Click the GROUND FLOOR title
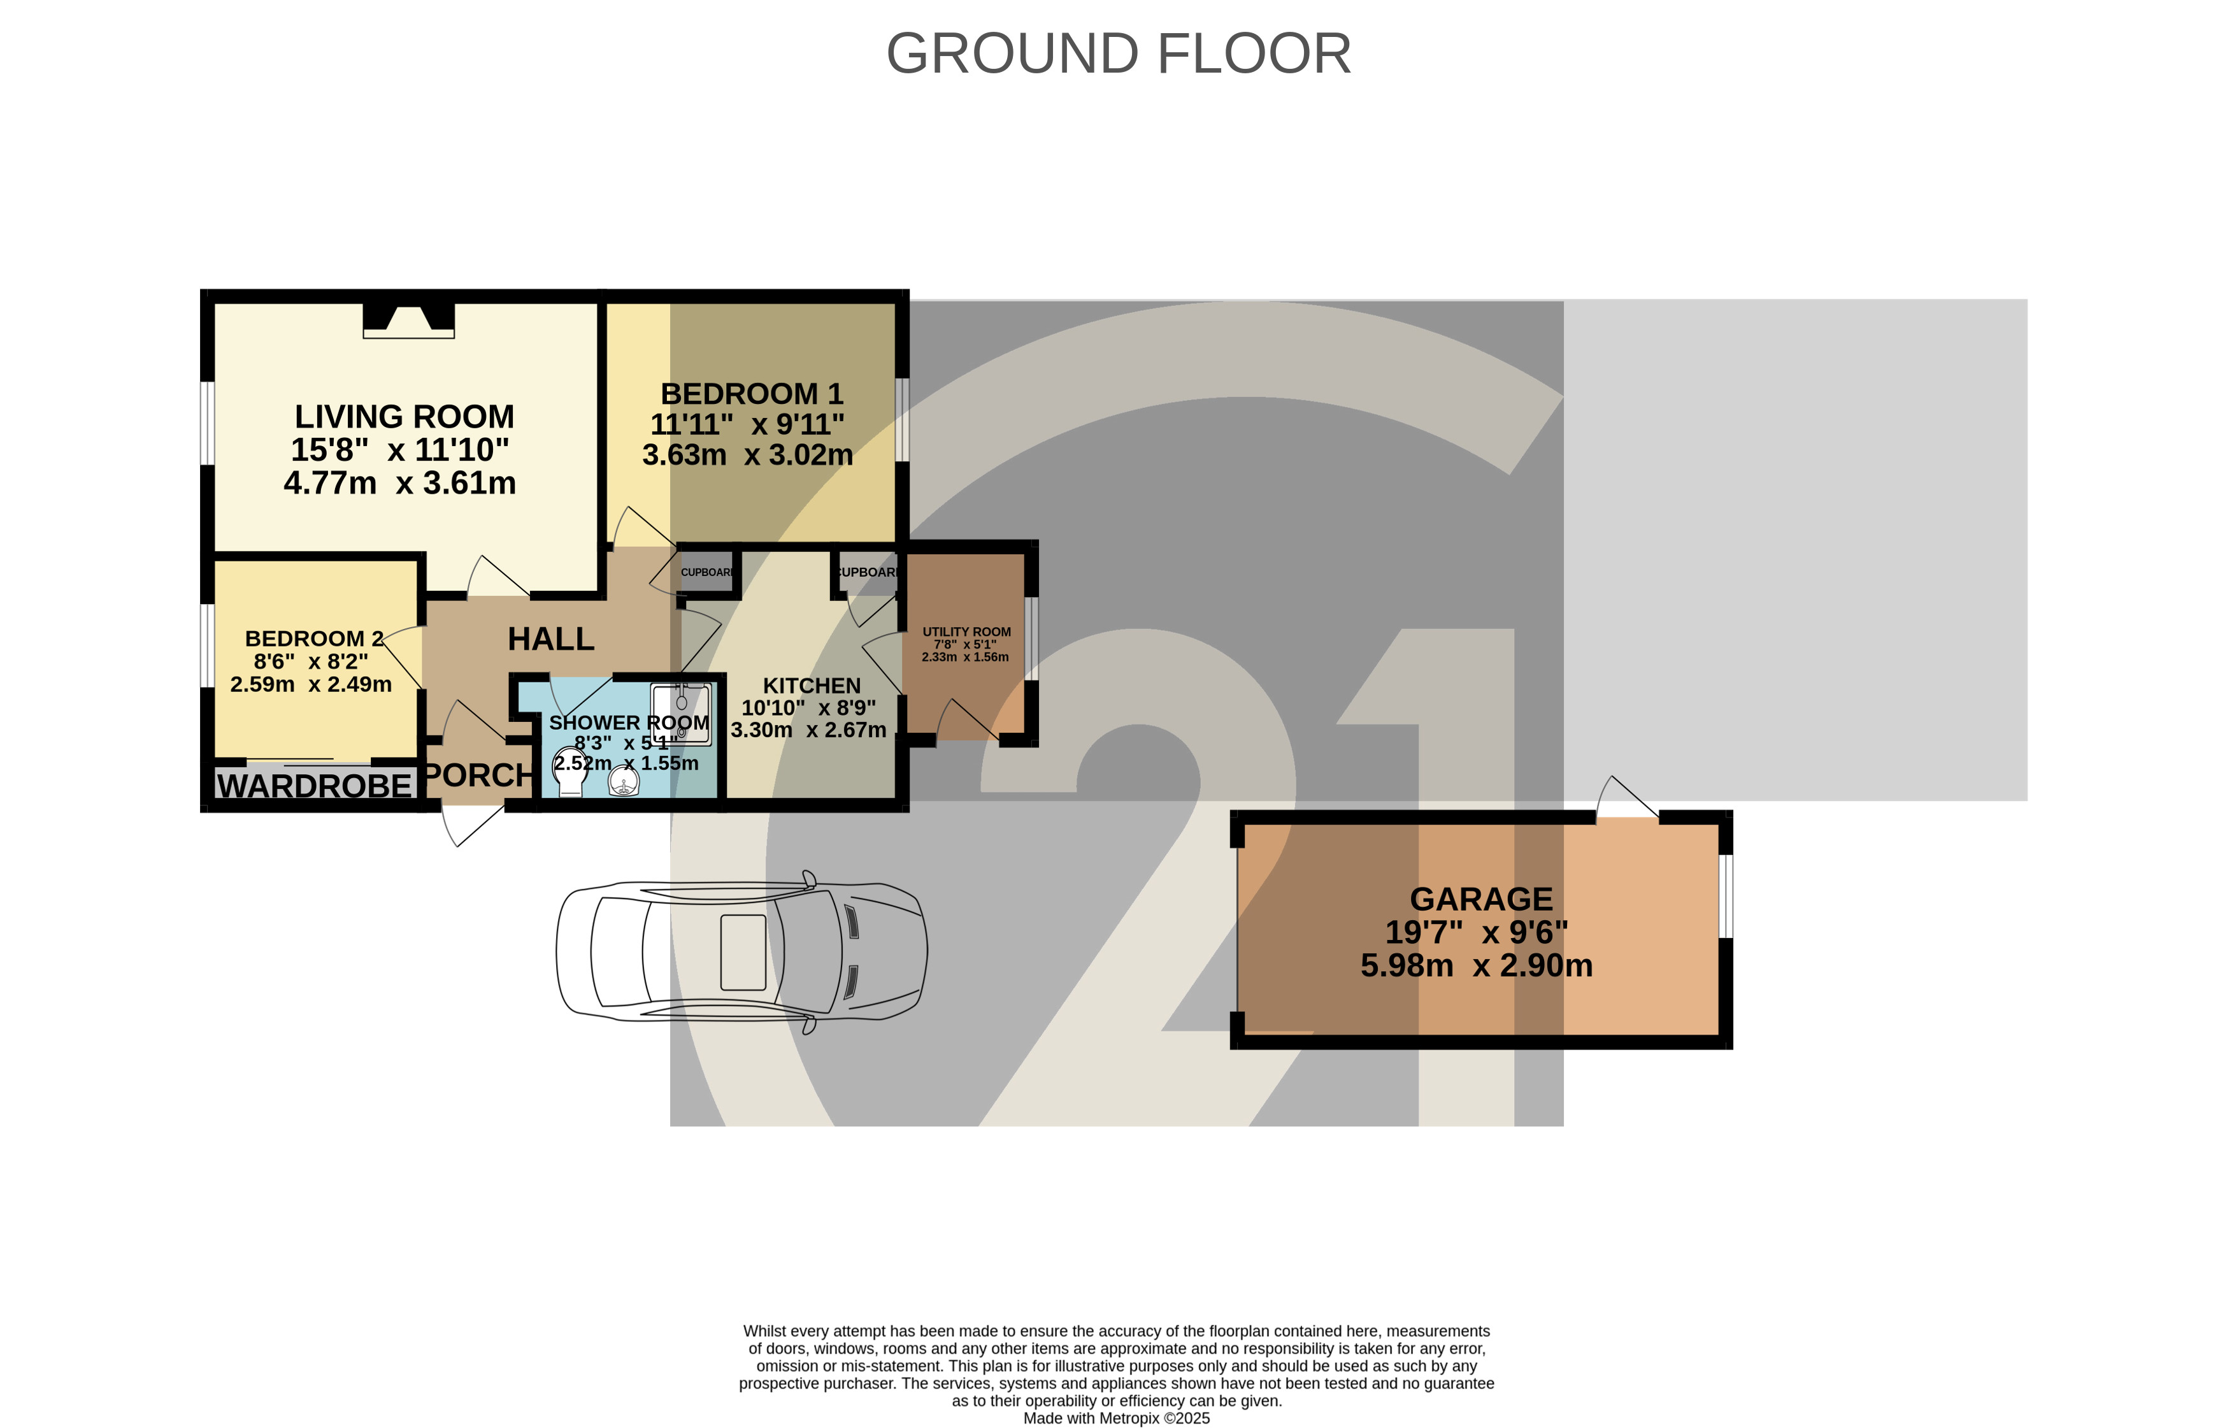pos(1118,54)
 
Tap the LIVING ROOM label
pos(404,417)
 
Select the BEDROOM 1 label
pos(752,393)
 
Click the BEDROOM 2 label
pos(313,638)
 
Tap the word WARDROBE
pos(313,786)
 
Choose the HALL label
pos(550,638)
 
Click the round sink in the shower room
pos(624,784)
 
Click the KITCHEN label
pos(811,686)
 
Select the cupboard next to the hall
pos(707,572)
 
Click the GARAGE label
pos(1480,899)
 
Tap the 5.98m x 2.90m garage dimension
pos(1476,966)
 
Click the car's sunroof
pos(743,952)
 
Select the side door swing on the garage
pos(1628,798)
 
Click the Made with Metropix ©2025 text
pos(1116,1418)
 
